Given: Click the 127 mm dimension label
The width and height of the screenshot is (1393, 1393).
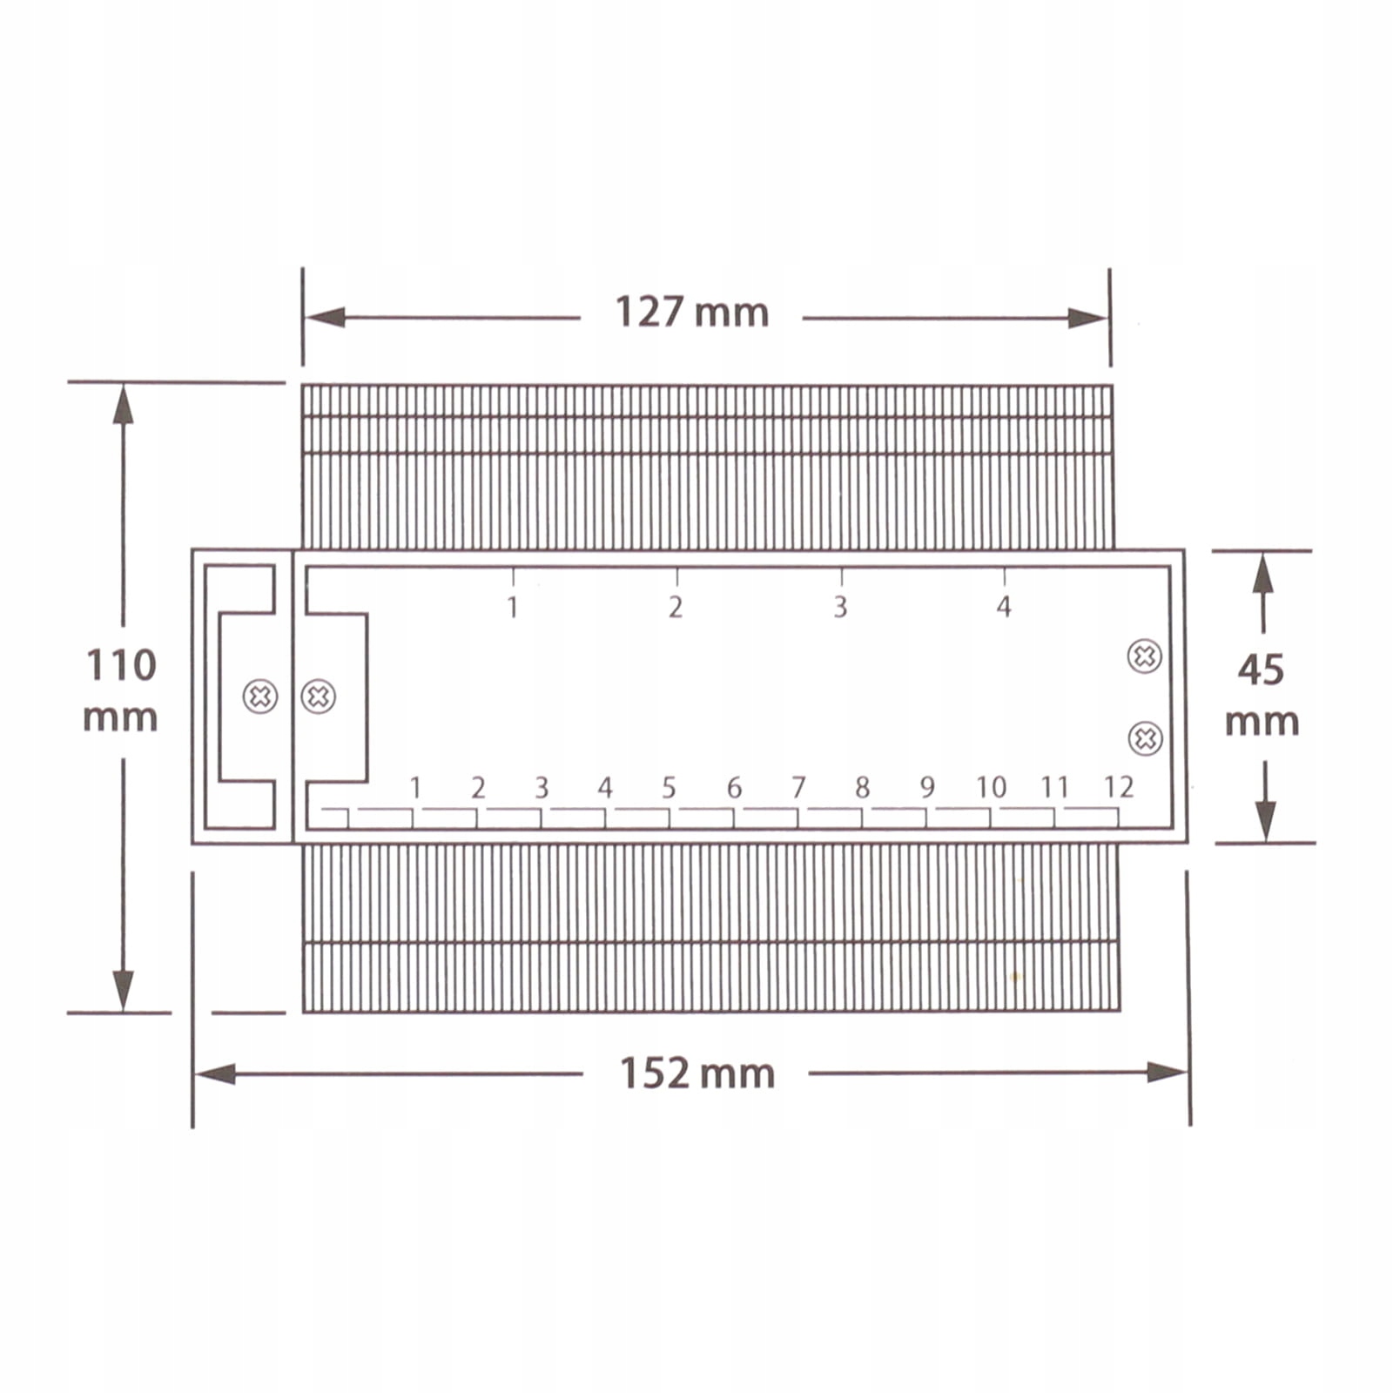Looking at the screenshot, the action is click(692, 312).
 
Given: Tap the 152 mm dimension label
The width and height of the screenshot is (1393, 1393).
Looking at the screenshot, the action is click(696, 1073).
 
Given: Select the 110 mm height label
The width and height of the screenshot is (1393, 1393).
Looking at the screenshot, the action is click(120, 691).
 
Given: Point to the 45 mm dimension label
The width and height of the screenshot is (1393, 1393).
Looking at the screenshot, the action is click(1262, 695).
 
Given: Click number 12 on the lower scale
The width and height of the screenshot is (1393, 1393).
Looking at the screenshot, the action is click(1119, 787).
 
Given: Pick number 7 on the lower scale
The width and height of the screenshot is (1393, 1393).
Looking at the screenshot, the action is click(798, 787).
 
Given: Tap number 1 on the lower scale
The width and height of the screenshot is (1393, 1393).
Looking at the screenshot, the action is click(415, 787).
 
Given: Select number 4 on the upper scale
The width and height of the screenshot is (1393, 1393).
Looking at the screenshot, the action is click(1004, 606).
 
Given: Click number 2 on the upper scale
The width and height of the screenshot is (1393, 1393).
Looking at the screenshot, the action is click(676, 606).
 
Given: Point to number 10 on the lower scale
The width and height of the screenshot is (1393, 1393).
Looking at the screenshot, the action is click(991, 787).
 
